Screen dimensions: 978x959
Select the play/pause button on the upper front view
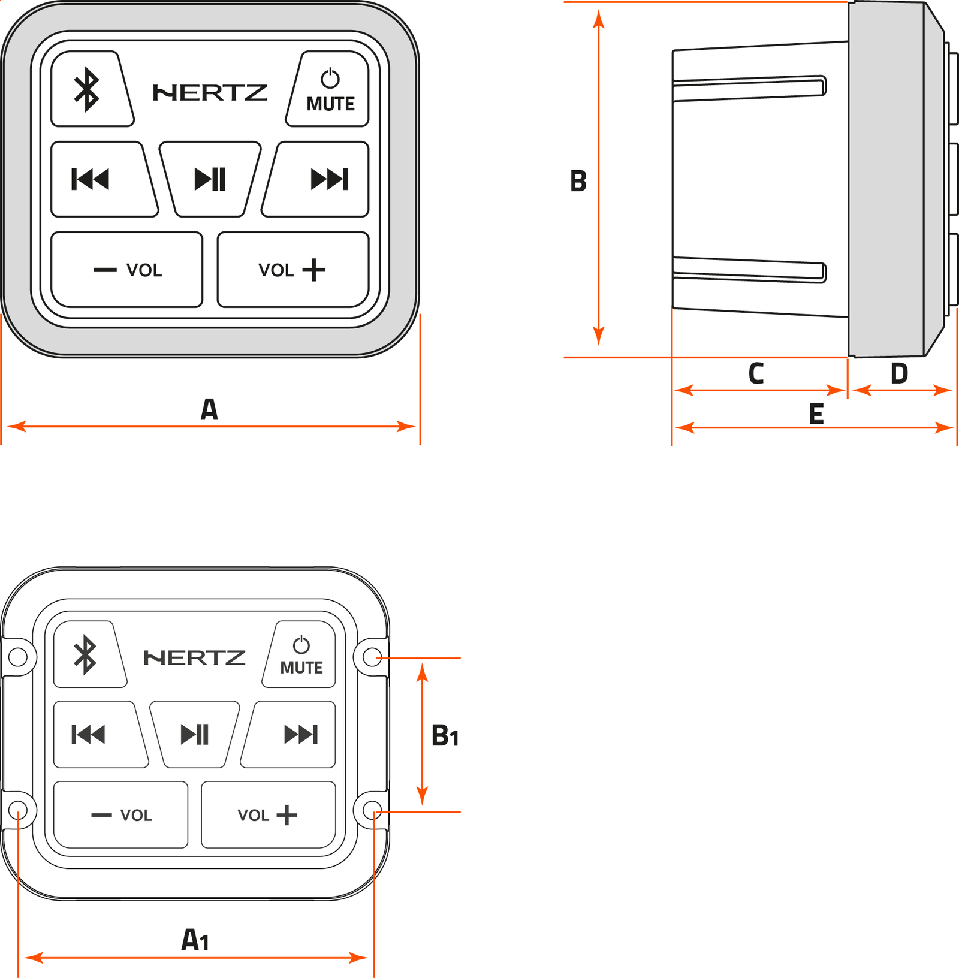pos(210,179)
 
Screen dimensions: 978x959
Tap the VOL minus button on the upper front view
pos(127,270)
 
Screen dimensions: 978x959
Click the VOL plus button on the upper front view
pos(292,270)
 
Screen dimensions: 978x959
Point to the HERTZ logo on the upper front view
pos(210,93)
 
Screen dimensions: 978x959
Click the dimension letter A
pos(209,410)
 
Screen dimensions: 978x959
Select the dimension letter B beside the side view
pos(578,181)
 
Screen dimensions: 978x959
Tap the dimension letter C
pos(756,373)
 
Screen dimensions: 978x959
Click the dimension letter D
pos(899,373)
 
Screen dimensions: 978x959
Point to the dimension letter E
pos(816,414)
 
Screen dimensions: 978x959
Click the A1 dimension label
pos(195,940)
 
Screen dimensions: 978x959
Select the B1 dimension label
pos(445,736)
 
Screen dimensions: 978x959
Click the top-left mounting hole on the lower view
pos(18,657)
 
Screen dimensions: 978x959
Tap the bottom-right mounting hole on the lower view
pos(372,810)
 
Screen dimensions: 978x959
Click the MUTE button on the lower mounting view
pos(301,654)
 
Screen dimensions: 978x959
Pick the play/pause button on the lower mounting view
pos(195,734)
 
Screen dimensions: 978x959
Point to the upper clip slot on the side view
pos(749,88)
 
